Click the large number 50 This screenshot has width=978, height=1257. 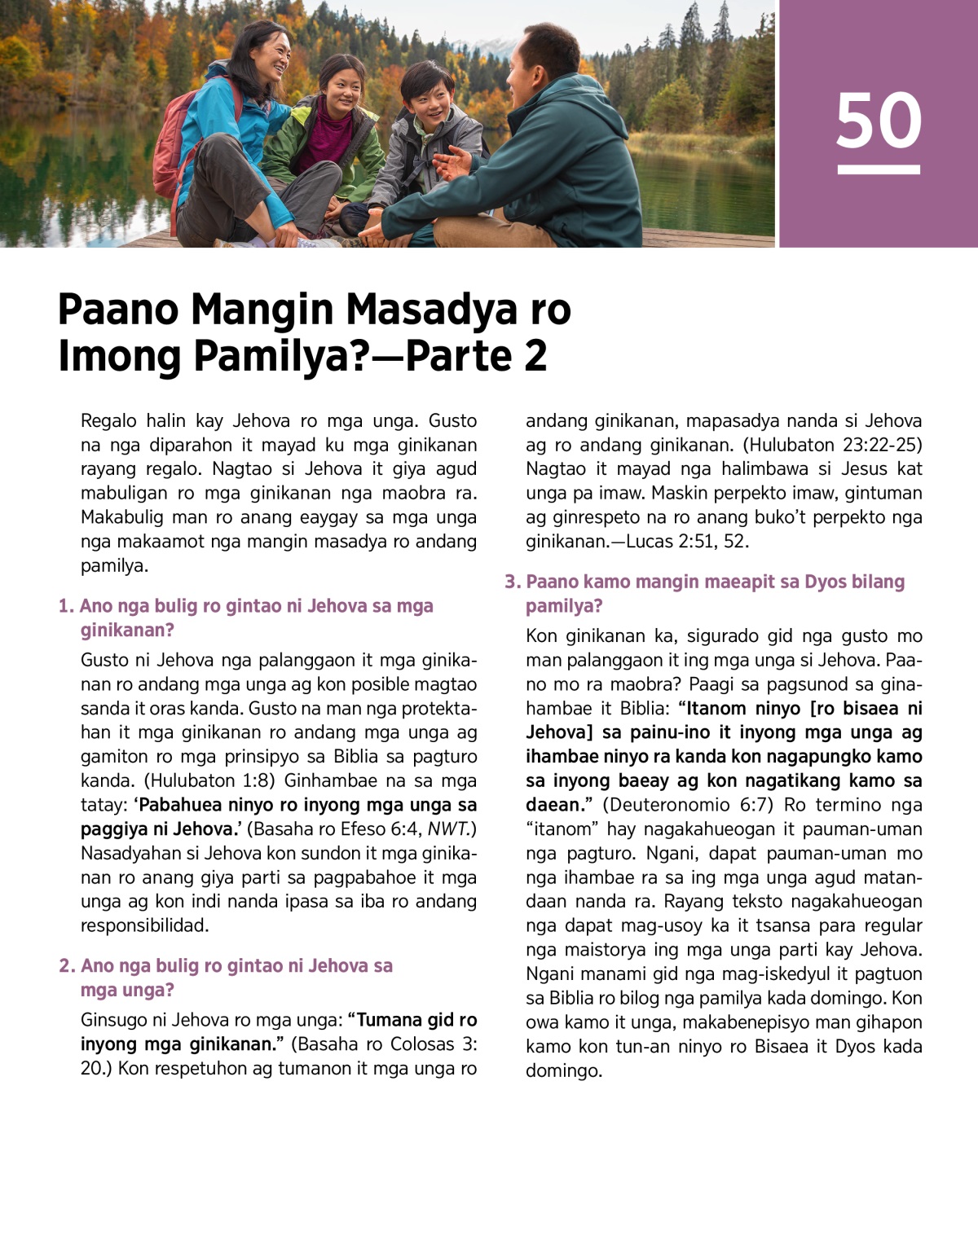879,121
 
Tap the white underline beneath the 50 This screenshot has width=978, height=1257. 879,169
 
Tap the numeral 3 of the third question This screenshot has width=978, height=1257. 510,582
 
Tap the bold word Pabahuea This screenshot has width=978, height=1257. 180,805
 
